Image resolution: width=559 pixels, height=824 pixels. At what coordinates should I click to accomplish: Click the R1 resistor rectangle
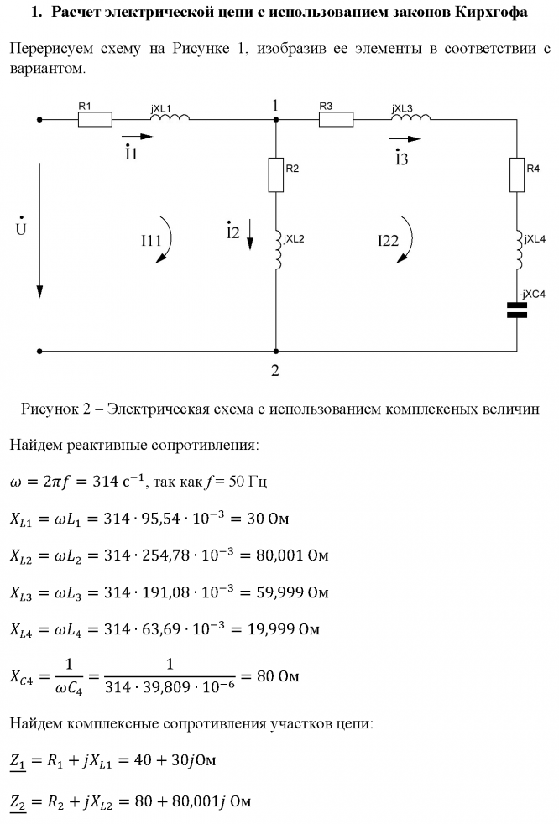[x=94, y=120]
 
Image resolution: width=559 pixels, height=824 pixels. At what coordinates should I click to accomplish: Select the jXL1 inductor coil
[x=170, y=118]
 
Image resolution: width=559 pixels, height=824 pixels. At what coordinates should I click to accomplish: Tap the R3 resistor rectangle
[x=336, y=120]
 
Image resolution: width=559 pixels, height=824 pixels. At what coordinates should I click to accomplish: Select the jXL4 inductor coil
[x=517, y=249]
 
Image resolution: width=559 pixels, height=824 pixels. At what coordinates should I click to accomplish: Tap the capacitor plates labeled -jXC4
[x=517, y=310]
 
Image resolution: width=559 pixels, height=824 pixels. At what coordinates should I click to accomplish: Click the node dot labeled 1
[x=275, y=120]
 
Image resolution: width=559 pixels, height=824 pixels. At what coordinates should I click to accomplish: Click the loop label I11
[x=151, y=241]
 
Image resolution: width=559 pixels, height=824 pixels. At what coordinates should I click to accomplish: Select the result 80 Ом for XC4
[x=278, y=675]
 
